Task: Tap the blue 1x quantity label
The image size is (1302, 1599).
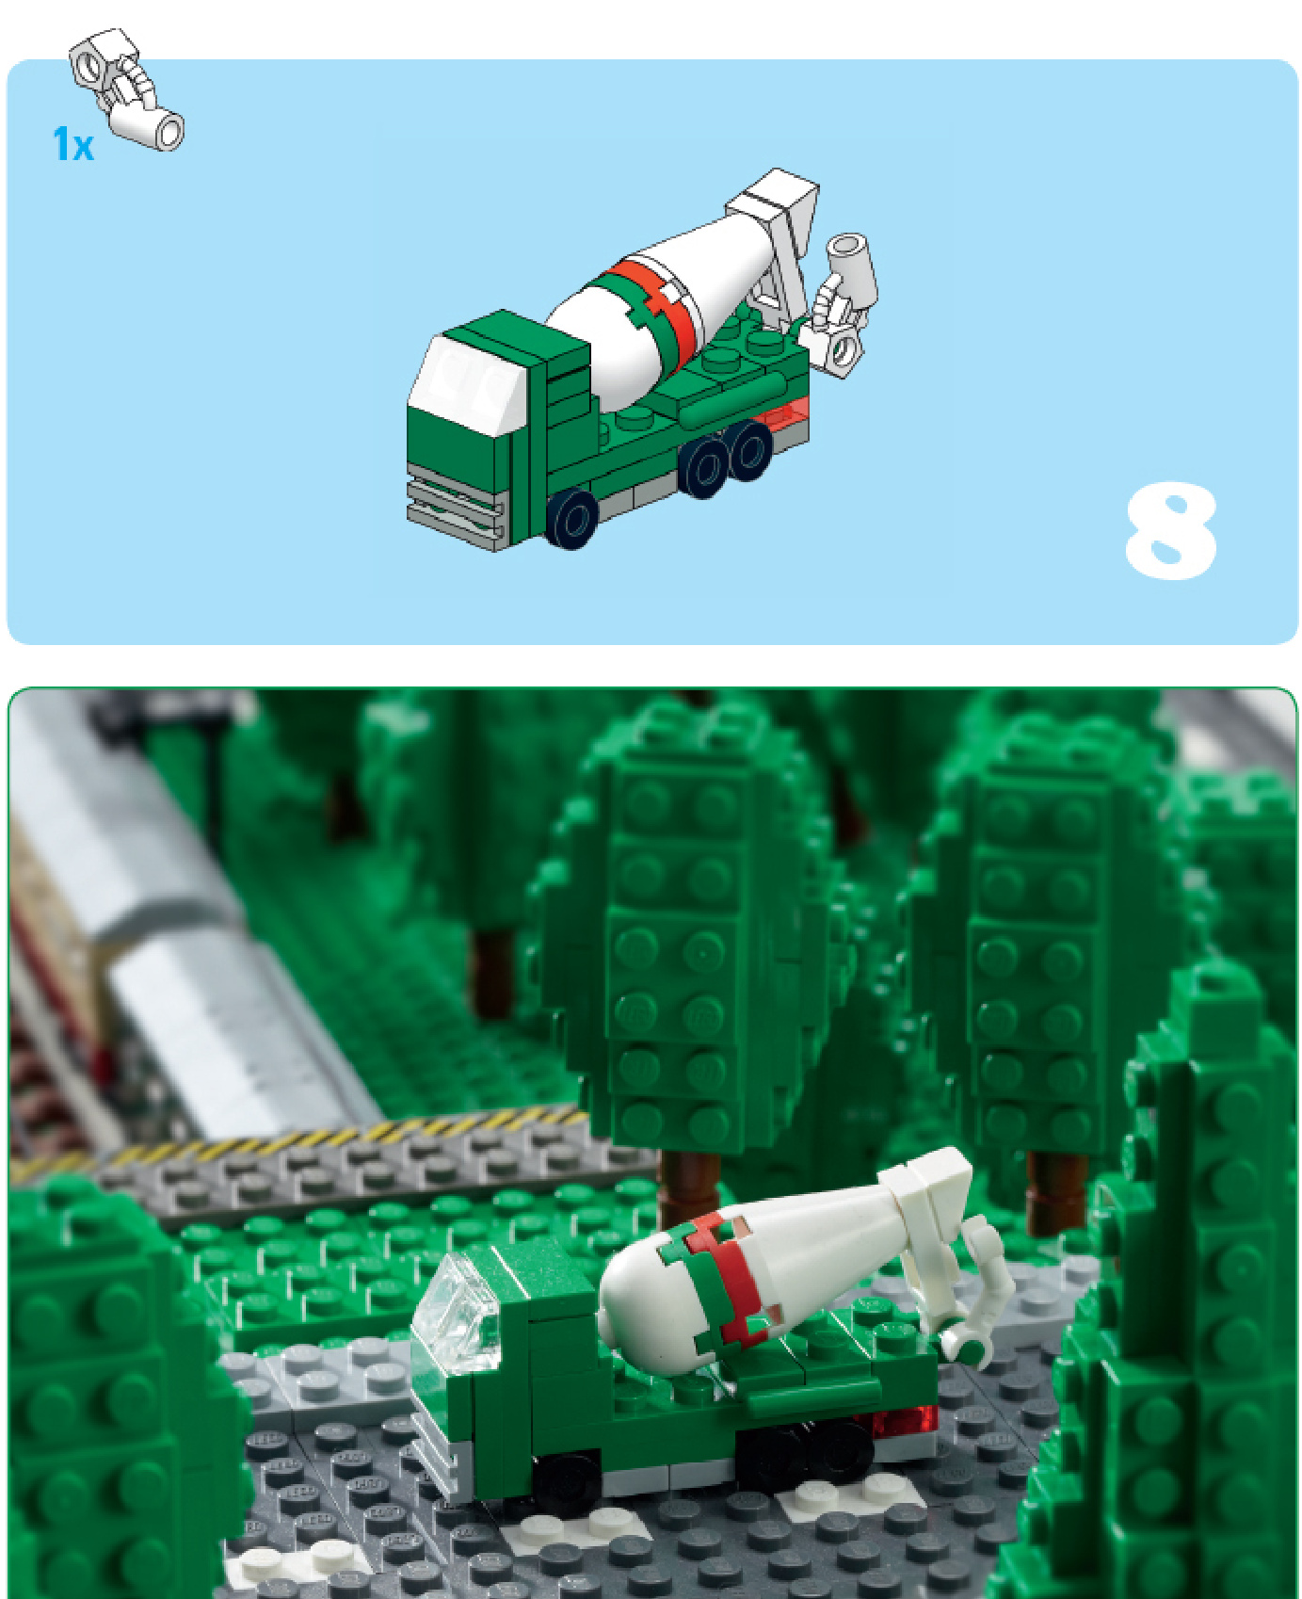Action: (x=73, y=144)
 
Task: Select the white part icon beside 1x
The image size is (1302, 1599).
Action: (x=127, y=89)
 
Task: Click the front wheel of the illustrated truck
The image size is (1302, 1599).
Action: (x=572, y=518)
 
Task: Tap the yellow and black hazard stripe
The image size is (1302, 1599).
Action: (x=301, y=1139)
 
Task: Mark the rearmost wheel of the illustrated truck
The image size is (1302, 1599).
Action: (x=749, y=450)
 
